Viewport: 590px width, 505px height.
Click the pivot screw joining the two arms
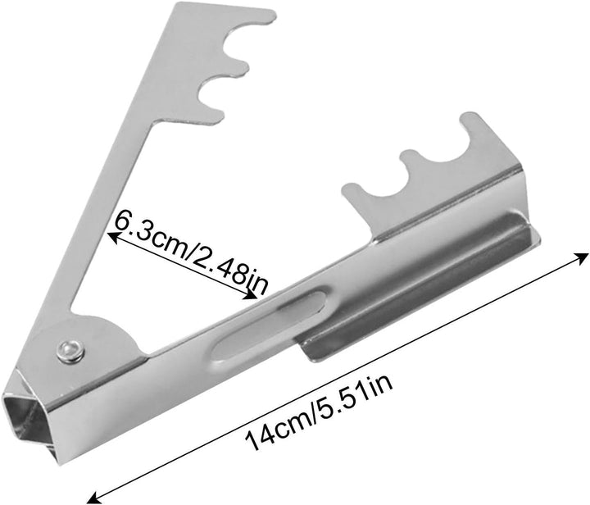click(x=70, y=352)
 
